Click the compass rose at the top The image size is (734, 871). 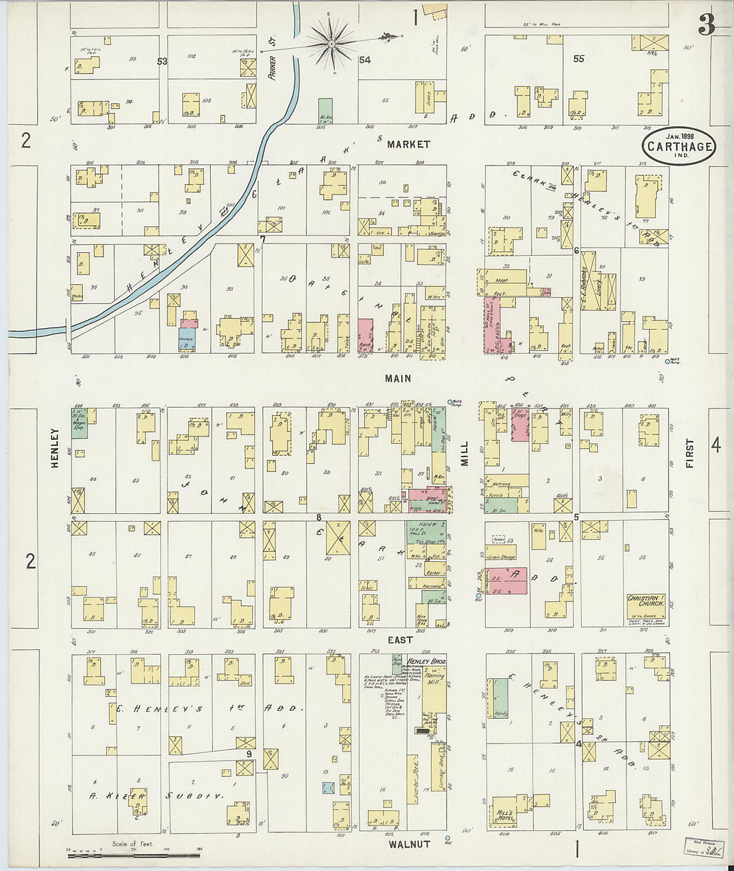tap(331, 44)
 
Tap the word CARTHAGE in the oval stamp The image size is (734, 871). tap(679, 146)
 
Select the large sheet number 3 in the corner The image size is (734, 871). tap(707, 25)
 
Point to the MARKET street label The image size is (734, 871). tap(408, 144)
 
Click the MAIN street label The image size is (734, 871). tap(398, 378)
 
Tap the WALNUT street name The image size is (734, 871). tap(409, 844)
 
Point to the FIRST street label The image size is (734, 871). tap(689, 453)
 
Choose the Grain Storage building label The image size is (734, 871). tap(505, 557)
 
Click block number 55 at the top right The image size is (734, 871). tap(579, 59)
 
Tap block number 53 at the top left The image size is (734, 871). tap(161, 61)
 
